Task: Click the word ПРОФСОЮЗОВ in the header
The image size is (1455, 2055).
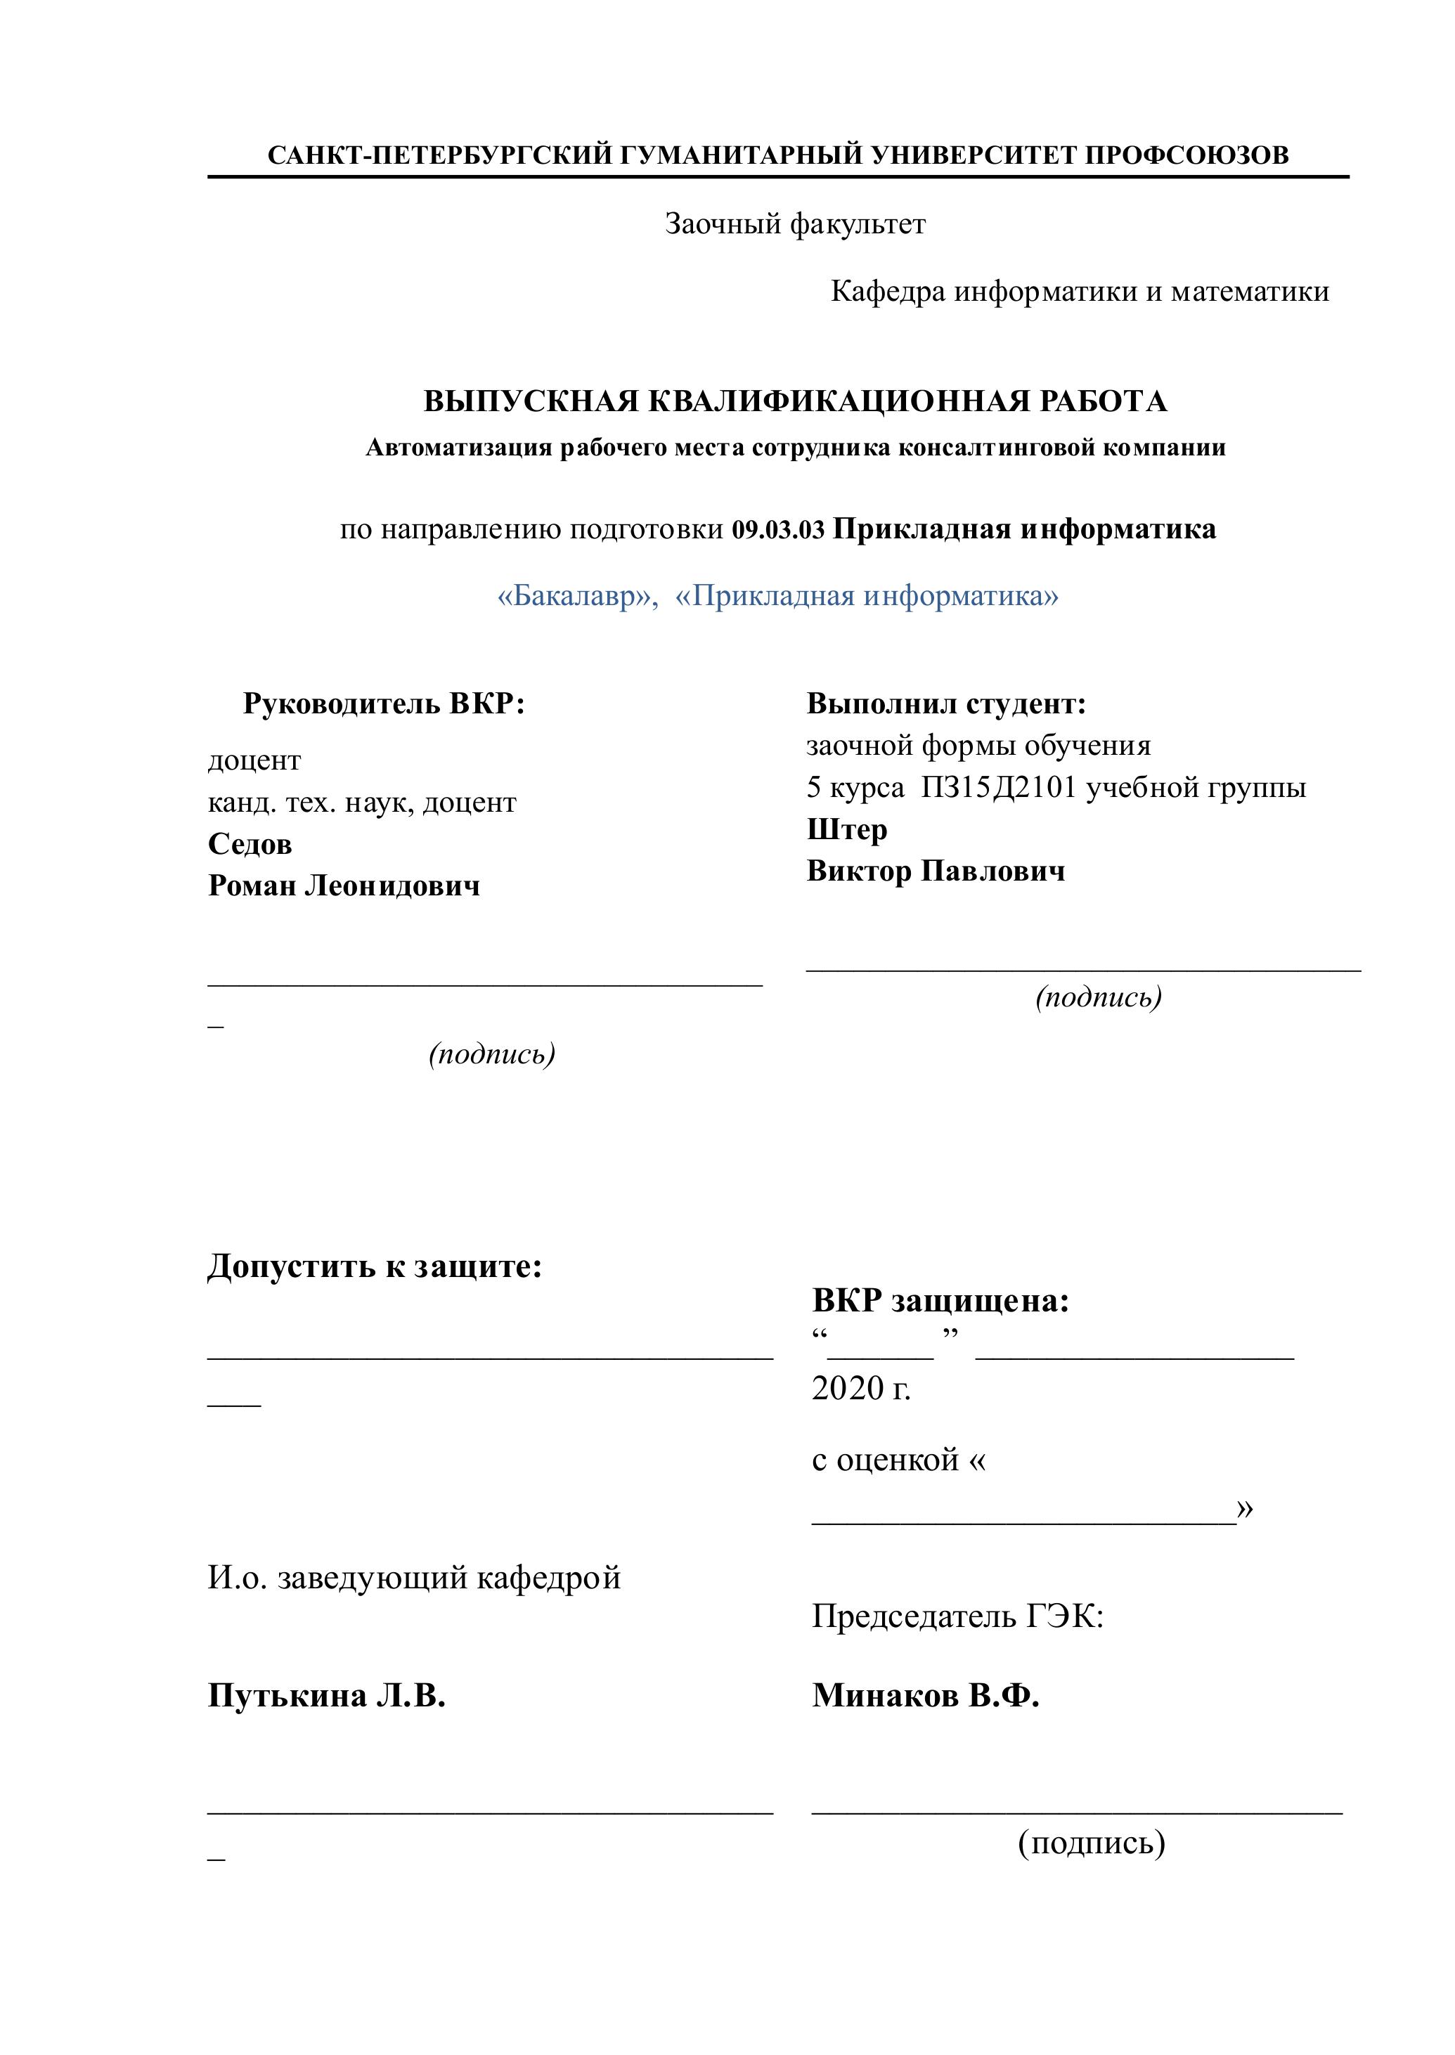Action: (1186, 155)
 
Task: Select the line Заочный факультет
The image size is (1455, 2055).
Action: (795, 224)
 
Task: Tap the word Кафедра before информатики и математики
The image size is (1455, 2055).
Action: (888, 291)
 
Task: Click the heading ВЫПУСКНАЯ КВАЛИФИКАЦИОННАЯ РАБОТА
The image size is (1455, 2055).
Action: (795, 401)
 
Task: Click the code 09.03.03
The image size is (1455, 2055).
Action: (777, 529)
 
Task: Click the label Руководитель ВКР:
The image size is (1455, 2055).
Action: (384, 704)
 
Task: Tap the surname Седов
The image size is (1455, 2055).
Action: (250, 844)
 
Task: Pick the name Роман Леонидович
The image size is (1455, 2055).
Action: (344, 886)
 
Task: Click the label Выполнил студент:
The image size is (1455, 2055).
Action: (946, 704)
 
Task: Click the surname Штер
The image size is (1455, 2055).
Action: (847, 829)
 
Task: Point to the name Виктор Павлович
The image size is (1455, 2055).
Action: (936, 871)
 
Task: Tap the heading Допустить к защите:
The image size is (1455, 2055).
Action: (375, 1266)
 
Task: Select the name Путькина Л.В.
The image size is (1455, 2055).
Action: (327, 1695)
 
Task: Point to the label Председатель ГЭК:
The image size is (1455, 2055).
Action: (957, 1616)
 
